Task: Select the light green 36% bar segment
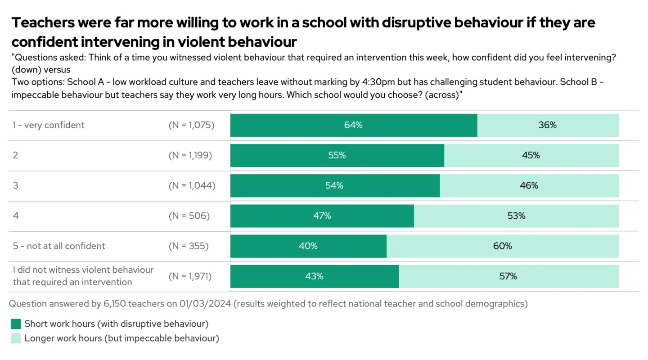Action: tap(548, 125)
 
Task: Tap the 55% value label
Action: tap(337, 155)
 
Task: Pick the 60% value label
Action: tap(502, 246)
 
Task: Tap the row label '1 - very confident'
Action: tap(49, 125)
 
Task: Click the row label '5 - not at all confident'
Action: tap(59, 246)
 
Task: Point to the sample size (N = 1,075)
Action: tap(191, 125)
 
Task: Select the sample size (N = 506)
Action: tap(189, 216)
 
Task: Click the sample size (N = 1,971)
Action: tap(190, 276)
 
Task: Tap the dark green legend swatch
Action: tap(16, 324)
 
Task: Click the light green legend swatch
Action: tap(16, 338)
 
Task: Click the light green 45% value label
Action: tap(531, 155)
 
